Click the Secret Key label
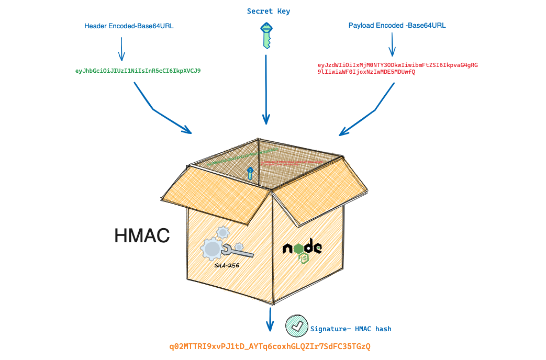(269, 11)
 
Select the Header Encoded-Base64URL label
(129, 25)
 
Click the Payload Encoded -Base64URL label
(397, 25)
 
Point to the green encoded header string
(138, 70)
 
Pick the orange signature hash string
(270, 346)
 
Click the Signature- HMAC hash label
(351, 329)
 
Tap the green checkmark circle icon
(296, 326)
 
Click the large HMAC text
(142, 236)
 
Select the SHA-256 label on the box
(227, 266)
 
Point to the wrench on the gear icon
(238, 253)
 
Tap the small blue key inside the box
(250, 173)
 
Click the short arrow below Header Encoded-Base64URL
(122, 49)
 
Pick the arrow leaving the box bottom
(270, 320)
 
